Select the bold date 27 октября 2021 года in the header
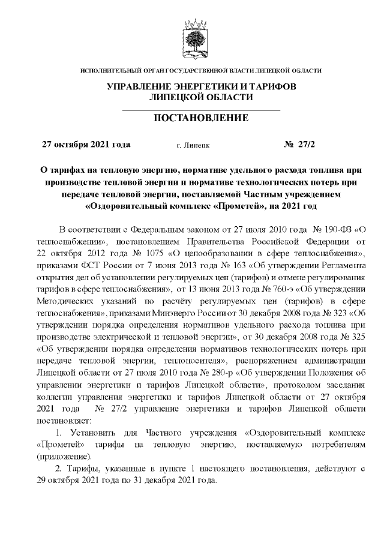click(85, 145)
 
